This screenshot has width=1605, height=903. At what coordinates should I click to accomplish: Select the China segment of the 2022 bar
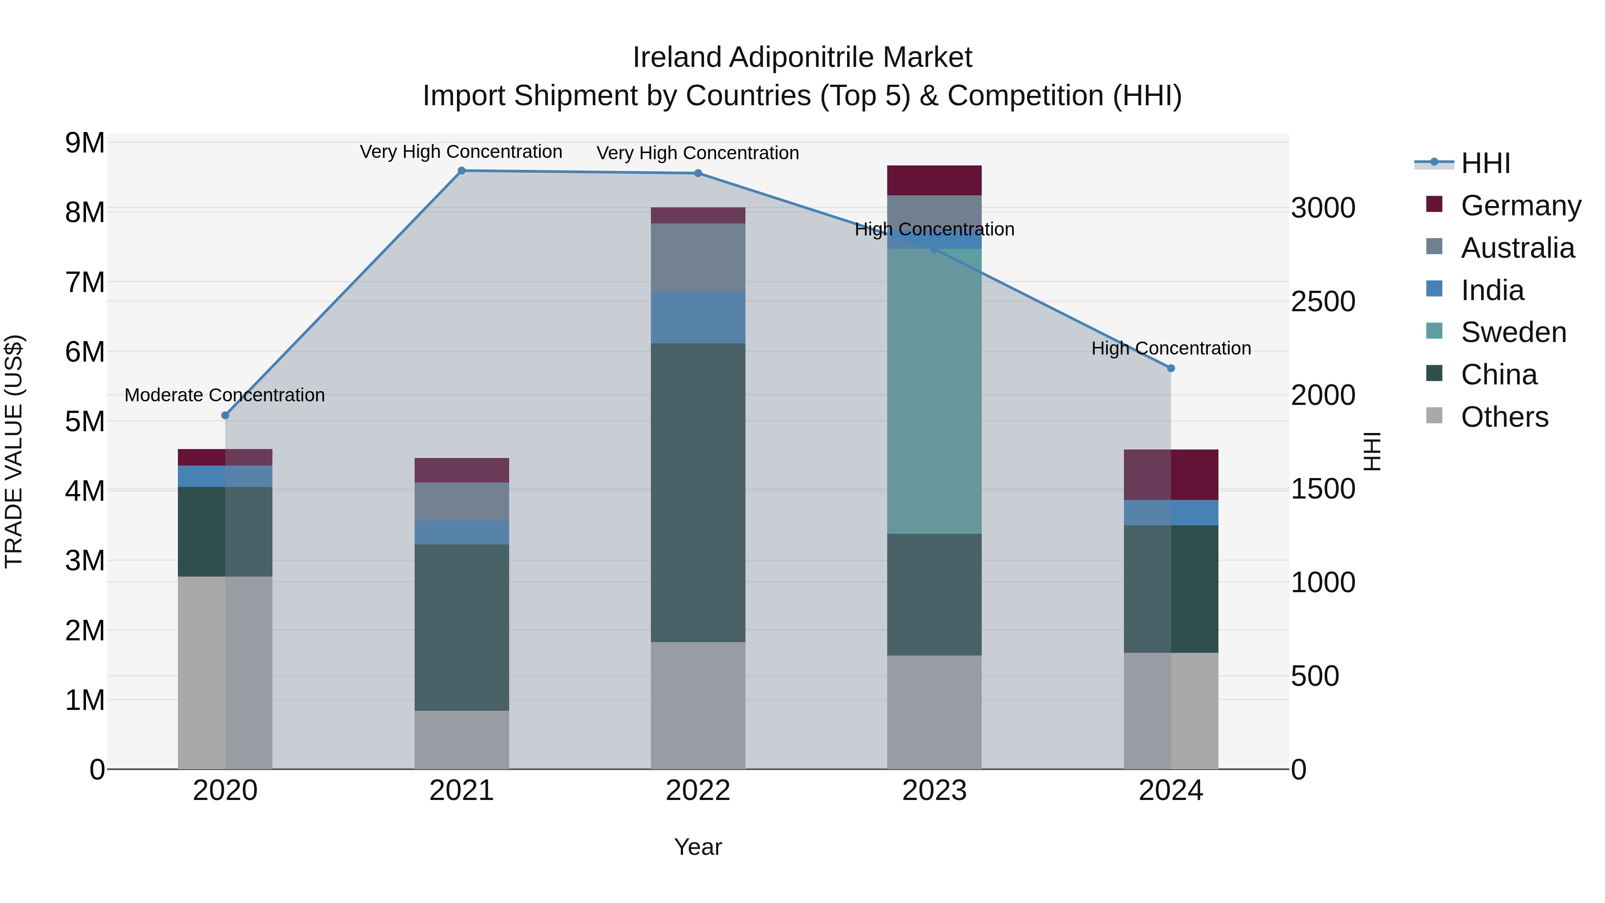click(698, 492)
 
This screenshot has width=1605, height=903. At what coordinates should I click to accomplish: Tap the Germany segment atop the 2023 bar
click(934, 180)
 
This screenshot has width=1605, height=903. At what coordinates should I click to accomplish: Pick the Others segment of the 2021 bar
click(462, 740)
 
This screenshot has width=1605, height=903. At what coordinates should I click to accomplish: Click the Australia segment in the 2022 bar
click(698, 257)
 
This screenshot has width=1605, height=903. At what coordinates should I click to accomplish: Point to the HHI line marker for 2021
click(462, 171)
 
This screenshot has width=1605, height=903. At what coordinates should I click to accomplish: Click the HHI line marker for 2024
click(1171, 368)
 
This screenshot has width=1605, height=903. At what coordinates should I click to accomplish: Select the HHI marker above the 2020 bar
click(226, 416)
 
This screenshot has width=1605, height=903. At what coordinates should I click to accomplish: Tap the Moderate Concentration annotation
click(225, 395)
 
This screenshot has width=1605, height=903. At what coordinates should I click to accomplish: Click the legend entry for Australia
click(1517, 248)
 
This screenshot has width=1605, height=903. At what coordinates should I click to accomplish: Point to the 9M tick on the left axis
click(85, 143)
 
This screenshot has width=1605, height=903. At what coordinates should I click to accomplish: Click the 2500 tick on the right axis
click(1323, 301)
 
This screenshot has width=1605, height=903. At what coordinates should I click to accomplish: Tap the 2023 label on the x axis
click(934, 791)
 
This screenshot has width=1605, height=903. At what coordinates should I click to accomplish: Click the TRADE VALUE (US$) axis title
click(14, 451)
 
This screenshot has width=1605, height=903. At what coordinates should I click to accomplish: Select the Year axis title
click(698, 847)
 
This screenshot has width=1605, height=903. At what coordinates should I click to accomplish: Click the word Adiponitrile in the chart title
click(802, 58)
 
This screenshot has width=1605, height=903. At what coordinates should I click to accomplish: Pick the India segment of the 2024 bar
click(1171, 512)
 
